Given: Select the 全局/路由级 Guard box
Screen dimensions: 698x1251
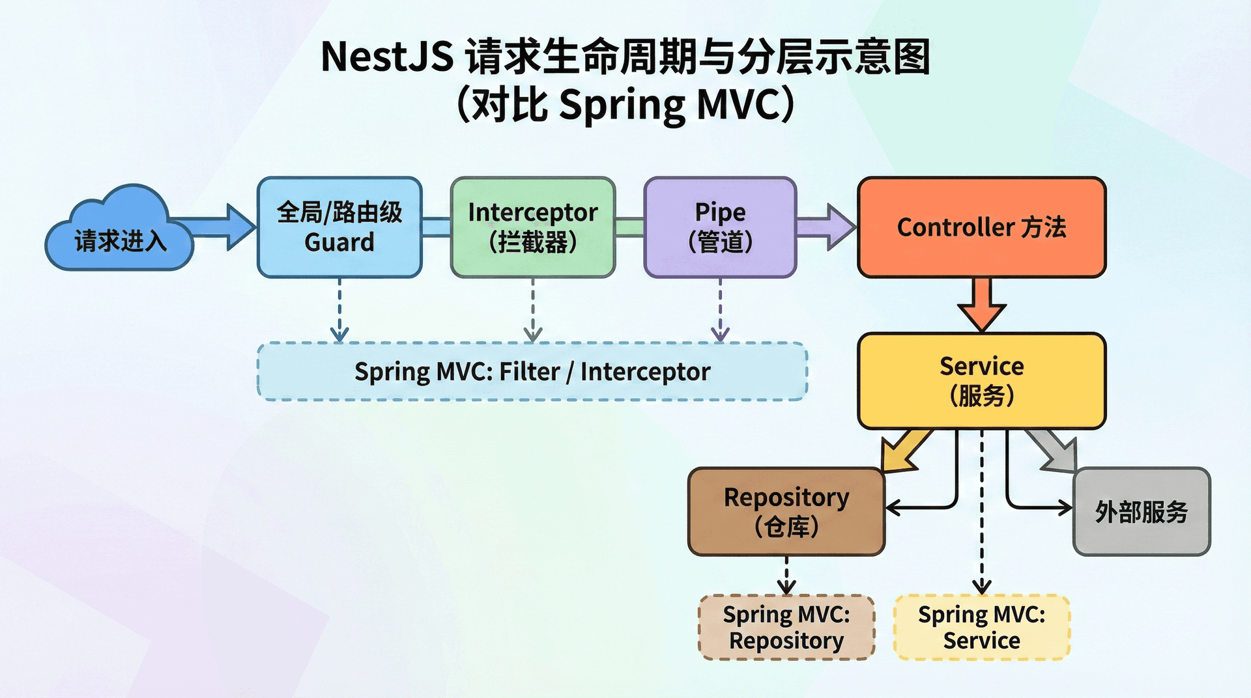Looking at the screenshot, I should tap(339, 227).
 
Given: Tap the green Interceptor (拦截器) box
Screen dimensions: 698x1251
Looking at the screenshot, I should tap(532, 227).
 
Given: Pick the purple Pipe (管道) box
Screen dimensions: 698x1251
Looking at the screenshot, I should tap(720, 227).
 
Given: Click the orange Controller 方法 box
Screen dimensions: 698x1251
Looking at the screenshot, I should tap(981, 227).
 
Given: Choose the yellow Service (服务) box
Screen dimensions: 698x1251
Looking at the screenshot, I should tap(981, 381).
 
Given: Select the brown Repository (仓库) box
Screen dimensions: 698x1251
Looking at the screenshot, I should tap(786, 512).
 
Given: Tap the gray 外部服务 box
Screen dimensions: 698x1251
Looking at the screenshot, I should tap(1141, 512).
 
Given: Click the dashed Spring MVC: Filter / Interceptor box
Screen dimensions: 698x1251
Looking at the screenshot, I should tap(532, 371).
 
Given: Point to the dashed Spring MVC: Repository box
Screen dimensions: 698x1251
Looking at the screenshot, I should tap(786, 627).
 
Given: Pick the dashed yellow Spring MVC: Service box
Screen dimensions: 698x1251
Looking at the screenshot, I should tap(981, 627).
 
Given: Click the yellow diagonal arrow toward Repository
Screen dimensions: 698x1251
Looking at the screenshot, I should tap(906, 451).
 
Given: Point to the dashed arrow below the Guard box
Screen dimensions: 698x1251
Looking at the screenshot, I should tap(339, 310).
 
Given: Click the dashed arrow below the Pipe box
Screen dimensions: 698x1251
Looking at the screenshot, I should tap(720, 310).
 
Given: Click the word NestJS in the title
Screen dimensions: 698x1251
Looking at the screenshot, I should tap(387, 57).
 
